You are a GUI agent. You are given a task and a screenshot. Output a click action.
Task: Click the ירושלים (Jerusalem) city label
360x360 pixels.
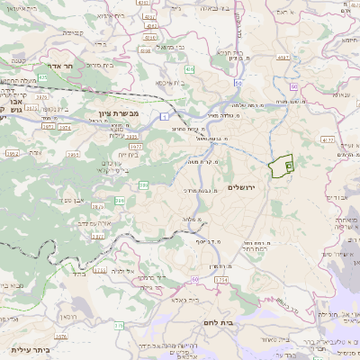[x=242, y=187]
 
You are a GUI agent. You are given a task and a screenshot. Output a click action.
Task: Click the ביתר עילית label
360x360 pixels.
[x=29, y=349]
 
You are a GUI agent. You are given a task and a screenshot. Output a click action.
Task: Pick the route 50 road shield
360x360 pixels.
[x=238, y=83]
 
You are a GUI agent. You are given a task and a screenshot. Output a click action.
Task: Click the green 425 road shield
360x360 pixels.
[x=42, y=78]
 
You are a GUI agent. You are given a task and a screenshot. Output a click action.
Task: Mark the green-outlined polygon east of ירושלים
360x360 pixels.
[x=282, y=165]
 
